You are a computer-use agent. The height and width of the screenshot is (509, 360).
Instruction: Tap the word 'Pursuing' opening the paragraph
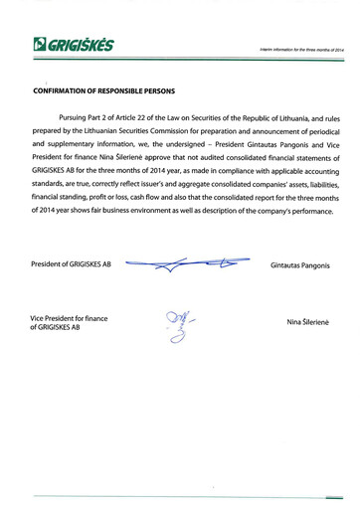[79, 117]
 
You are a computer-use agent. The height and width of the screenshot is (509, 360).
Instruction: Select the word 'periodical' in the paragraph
[321, 131]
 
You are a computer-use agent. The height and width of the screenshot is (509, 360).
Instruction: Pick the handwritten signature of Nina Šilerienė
[180, 324]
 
